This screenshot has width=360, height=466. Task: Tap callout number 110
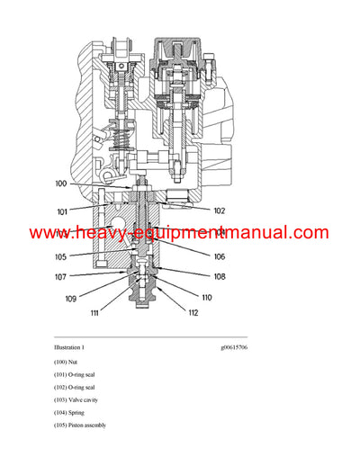tap(205, 297)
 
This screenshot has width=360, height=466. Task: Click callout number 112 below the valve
tap(193, 312)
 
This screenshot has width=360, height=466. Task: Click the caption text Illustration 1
tap(69, 347)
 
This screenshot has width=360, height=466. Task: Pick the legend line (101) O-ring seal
tap(76, 374)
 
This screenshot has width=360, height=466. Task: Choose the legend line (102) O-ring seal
tap(76, 387)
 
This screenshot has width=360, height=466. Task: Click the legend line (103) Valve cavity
tap(76, 399)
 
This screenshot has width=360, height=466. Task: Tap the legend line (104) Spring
tap(68, 412)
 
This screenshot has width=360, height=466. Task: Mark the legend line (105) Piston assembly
tap(80, 425)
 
